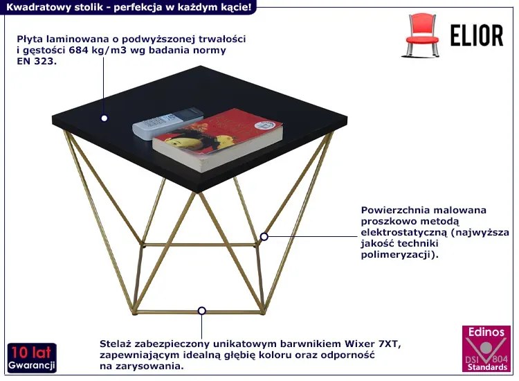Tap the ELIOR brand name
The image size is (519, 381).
[477, 35]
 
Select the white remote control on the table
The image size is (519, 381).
[167, 123]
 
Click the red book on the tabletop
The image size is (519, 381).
[217, 139]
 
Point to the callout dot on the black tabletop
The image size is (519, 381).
[104, 118]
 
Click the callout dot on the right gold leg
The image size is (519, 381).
[264, 236]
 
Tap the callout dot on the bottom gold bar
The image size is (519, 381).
[202, 311]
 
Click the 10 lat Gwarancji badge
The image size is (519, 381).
[32, 358]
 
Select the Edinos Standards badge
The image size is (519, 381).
[486, 348]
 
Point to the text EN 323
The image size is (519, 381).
[37, 61]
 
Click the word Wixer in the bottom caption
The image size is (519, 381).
[359, 344]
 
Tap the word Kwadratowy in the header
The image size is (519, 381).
[29, 7]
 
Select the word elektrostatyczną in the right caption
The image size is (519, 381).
[404, 232]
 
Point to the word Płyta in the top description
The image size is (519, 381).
[30, 39]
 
